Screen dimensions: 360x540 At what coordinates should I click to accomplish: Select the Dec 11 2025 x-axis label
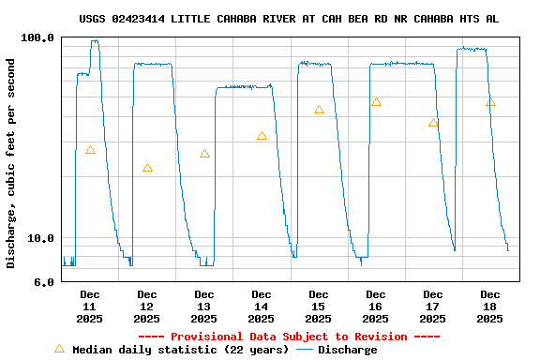click(90, 307)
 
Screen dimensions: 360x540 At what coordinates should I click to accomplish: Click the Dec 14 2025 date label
click(262, 307)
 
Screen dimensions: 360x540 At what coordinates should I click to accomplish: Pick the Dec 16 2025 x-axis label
click(376, 307)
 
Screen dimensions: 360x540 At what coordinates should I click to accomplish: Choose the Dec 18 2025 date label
click(490, 307)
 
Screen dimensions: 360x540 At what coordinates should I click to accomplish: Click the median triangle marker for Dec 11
click(90, 150)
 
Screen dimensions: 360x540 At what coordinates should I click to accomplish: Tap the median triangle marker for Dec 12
click(147, 168)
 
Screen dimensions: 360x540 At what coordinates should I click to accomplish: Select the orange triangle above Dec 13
click(204, 154)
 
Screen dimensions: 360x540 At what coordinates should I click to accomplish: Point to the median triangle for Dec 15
click(319, 110)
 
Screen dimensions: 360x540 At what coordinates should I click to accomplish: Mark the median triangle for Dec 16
click(376, 102)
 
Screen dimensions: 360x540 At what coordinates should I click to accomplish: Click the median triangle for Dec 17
click(433, 123)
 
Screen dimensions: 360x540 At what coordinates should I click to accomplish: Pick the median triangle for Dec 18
click(490, 102)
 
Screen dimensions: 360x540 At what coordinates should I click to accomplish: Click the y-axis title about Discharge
click(11, 163)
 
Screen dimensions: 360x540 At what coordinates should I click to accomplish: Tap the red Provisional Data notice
click(289, 337)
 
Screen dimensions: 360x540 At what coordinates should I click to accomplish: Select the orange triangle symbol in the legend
click(59, 349)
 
